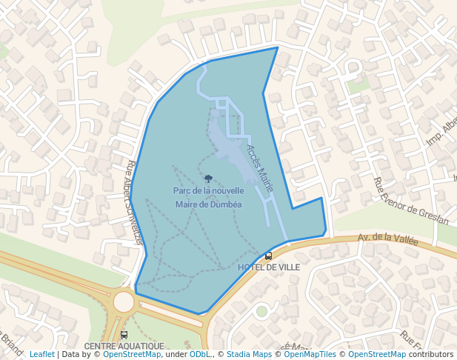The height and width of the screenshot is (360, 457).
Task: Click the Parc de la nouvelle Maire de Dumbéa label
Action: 208,198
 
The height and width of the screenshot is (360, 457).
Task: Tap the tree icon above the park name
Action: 208,179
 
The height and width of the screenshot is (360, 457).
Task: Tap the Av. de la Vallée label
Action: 387,240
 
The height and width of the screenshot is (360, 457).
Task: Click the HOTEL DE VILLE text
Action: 269,267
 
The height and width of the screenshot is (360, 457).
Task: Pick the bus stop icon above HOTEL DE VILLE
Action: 268,256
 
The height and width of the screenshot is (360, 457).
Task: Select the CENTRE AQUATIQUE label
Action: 124,346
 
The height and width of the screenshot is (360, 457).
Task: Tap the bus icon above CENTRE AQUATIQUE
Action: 124,335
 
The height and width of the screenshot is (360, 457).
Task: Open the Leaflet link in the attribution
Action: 42,354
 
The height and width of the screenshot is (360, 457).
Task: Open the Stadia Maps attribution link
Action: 249,354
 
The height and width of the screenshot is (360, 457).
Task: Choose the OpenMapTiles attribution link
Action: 311,354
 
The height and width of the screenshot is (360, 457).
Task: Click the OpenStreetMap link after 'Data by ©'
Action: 132,354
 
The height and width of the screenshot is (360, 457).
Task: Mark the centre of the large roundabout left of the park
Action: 124,302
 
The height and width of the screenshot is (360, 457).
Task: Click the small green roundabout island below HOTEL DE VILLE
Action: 261,311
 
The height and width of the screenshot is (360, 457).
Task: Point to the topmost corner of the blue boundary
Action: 278,47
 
